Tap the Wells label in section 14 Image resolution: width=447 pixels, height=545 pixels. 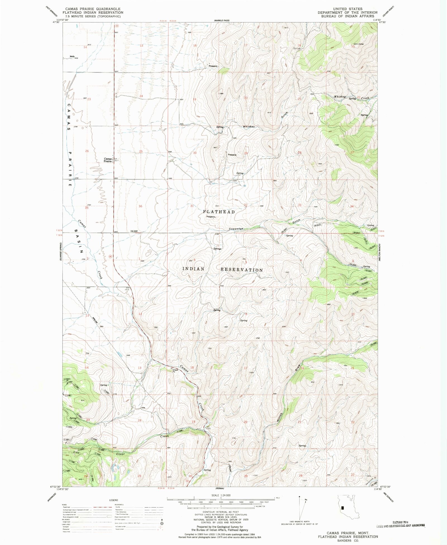pyautogui.click(x=72, y=56)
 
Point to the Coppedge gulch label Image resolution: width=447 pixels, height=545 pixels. pyautogui.click(x=236, y=229)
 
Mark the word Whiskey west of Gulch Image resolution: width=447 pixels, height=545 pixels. pyautogui.click(x=249, y=127)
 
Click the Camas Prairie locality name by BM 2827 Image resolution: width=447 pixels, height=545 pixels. pyautogui.click(x=108, y=160)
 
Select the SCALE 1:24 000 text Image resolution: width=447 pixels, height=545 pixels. pyautogui.click(x=221, y=495)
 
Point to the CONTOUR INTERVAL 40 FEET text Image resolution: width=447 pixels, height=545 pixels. pyautogui.click(x=221, y=512)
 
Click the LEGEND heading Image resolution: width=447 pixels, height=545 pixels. pyautogui.click(x=113, y=500)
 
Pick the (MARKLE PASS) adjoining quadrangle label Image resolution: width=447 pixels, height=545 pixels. pyautogui.click(x=222, y=21)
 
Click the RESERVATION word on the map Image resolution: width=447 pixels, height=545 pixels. pyautogui.click(x=242, y=270)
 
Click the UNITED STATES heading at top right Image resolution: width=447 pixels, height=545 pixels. pyautogui.click(x=348, y=9)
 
